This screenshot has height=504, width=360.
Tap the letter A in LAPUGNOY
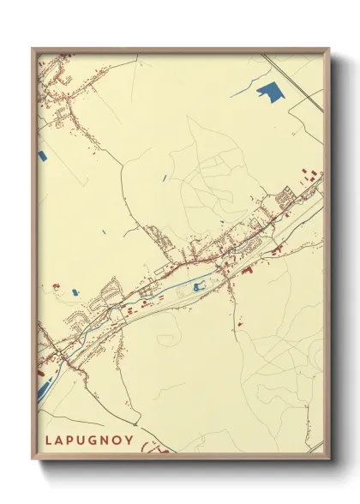pyautogui.click(x=57, y=440)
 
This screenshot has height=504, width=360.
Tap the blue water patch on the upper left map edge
pyautogui.click(x=42, y=156)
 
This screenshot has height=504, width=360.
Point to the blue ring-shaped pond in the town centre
pyautogui.click(x=201, y=286)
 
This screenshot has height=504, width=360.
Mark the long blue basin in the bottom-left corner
pyautogui.click(x=43, y=388)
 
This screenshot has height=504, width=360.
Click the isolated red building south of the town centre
pyautogui.click(x=240, y=324)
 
